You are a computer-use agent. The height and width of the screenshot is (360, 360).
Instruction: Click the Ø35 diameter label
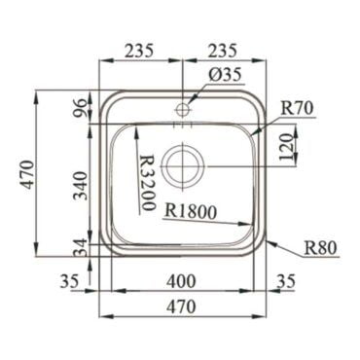[x=226, y=75]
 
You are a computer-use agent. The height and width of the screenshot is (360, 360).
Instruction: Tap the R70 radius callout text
[x=297, y=108]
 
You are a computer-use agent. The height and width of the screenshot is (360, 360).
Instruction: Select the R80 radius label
[x=321, y=248]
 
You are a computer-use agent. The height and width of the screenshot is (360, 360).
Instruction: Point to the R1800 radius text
[x=191, y=212]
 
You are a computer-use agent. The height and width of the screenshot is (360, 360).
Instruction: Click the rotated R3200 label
[x=147, y=183]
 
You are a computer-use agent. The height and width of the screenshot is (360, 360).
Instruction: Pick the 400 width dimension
[x=181, y=281]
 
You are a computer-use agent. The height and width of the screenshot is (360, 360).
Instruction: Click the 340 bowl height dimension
[x=80, y=186]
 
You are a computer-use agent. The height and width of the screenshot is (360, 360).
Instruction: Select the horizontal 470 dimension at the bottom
[x=182, y=306]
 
